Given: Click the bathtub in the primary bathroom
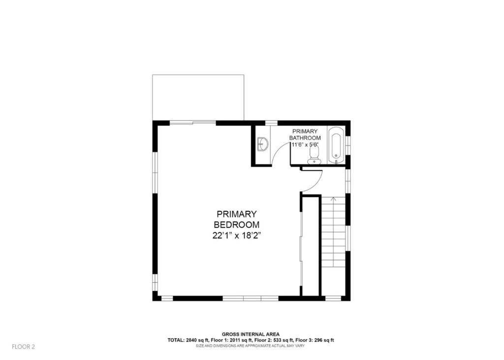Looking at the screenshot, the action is (336, 146).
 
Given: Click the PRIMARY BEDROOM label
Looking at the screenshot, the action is (237, 219).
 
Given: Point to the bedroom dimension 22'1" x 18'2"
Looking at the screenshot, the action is (236, 236).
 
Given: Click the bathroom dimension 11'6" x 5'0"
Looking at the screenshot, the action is (305, 145).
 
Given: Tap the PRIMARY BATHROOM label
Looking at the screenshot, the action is (305, 135).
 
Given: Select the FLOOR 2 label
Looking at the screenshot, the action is (23, 347).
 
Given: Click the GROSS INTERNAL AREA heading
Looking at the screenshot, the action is (251, 334).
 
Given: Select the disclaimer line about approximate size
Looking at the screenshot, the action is (251, 346).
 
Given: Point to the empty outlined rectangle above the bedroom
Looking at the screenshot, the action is (198, 98).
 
